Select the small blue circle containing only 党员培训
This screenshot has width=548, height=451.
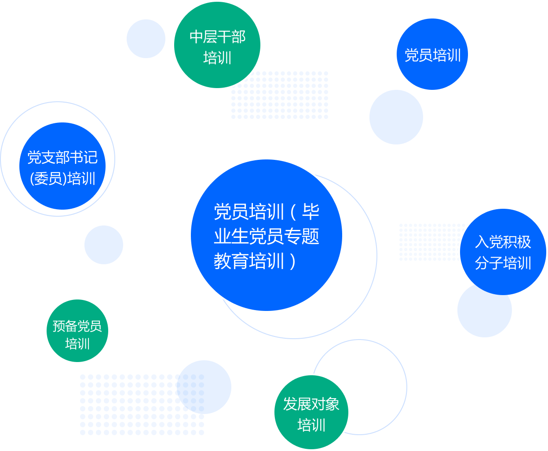[x=432, y=55]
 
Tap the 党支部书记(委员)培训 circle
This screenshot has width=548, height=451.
[x=62, y=166]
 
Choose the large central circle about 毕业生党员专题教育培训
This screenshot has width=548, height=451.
[x=266, y=235]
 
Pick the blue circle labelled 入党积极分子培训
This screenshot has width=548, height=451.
[x=503, y=251]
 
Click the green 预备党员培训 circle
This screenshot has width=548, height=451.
[x=77, y=331]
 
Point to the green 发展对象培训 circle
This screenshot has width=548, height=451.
[x=311, y=412]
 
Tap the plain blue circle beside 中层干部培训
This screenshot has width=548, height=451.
[x=146, y=39]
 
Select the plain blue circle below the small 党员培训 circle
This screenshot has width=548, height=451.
[x=396, y=117]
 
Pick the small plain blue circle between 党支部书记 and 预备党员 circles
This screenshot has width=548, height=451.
[x=104, y=245]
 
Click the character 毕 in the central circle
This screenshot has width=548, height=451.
[x=311, y=212]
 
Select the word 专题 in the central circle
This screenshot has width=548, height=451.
[x=302, y=237]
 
